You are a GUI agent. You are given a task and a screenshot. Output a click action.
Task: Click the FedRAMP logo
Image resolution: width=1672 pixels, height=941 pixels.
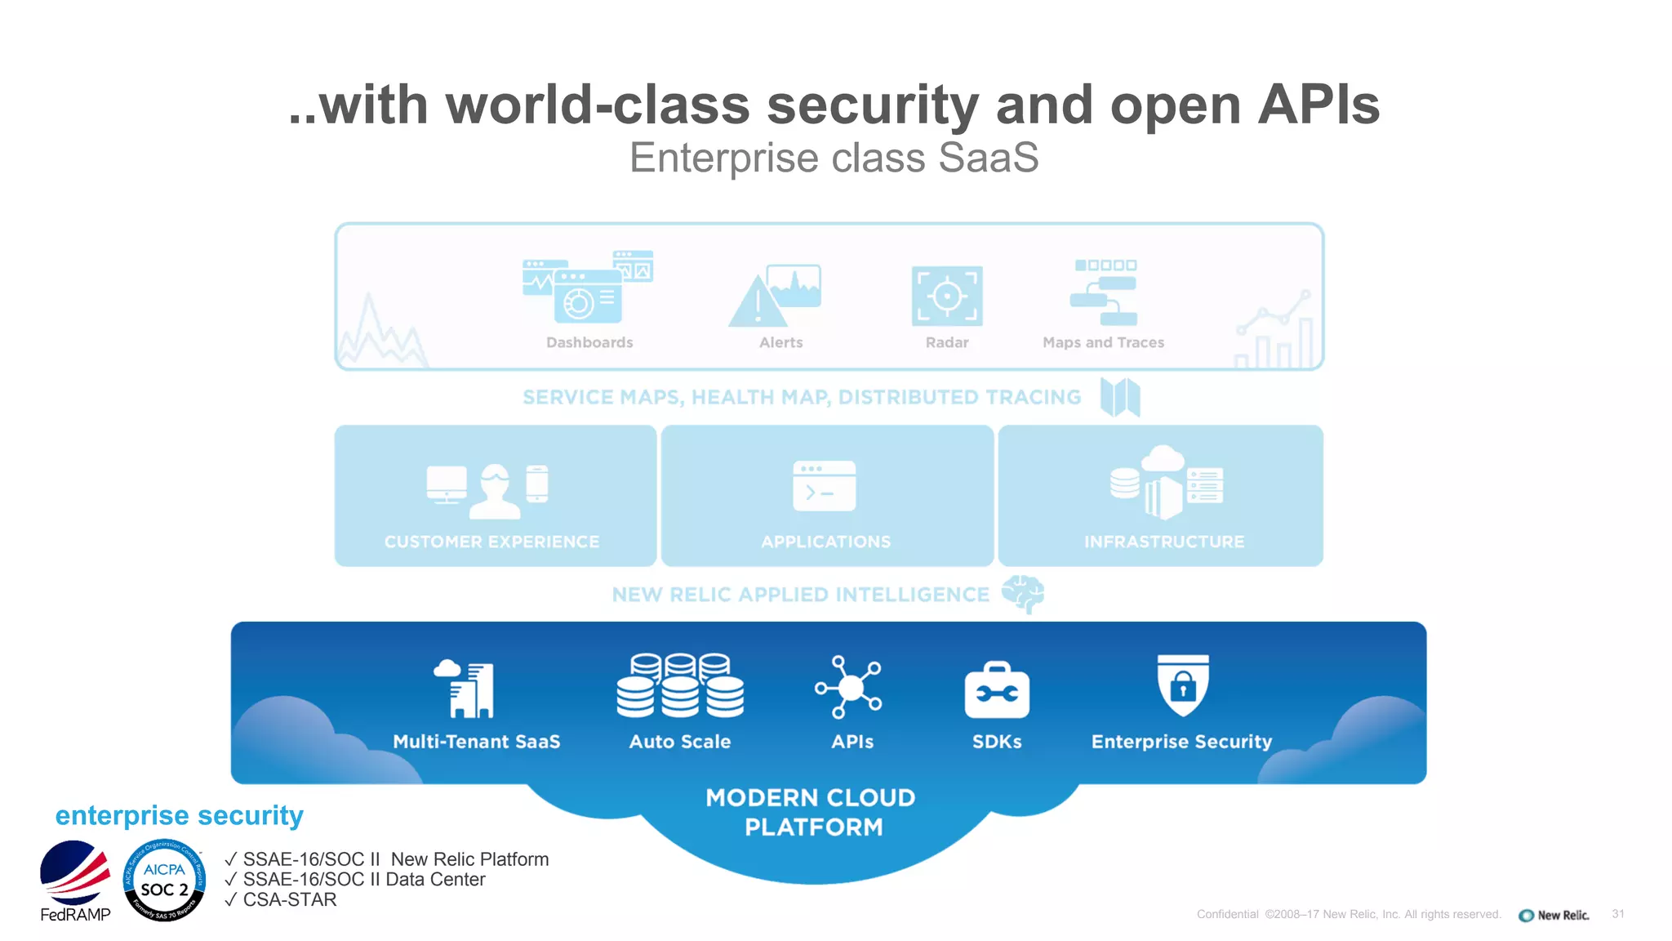coord(75,879)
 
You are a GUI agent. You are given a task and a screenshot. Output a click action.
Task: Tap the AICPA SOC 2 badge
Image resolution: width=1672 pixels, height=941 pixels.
coord(164,881)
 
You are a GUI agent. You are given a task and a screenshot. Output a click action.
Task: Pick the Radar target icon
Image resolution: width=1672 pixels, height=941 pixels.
coord(947,296)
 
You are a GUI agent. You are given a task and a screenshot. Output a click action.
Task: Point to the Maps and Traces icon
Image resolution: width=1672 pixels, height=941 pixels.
coord(1105,292)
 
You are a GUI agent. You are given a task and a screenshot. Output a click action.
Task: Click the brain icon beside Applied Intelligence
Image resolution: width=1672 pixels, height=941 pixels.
coord(1023,594)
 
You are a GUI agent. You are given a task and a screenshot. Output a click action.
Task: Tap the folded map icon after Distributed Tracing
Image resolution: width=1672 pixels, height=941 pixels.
coord(1120,398)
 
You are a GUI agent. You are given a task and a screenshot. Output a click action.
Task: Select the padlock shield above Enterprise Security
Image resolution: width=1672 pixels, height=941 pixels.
coord(1183,685)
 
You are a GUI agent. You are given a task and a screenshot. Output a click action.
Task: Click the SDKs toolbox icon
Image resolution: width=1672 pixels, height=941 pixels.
coord(997,691)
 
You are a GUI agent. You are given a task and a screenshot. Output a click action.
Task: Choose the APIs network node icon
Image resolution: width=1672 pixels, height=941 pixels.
coord(849,687)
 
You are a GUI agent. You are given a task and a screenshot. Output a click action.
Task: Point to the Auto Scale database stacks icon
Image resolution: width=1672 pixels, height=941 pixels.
coord(680,685)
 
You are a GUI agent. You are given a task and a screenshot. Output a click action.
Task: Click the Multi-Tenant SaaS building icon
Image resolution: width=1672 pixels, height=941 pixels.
coord(465,689)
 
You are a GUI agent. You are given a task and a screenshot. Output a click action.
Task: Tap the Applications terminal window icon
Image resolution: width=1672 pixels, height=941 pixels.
coord(825,486)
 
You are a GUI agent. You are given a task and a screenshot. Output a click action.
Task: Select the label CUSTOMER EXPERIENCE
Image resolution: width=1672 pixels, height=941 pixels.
coord(491,542)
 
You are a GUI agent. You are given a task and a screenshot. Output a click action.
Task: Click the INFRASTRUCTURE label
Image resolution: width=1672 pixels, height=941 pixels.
coord(1164,542)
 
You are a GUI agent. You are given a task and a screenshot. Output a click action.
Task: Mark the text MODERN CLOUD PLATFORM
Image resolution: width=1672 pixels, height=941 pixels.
coord(812,812)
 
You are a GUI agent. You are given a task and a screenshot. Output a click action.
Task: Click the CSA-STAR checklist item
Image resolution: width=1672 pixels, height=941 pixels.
coord(289,899)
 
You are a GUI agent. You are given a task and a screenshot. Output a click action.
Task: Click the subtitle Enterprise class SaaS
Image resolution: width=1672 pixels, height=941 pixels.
coord(834,158)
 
